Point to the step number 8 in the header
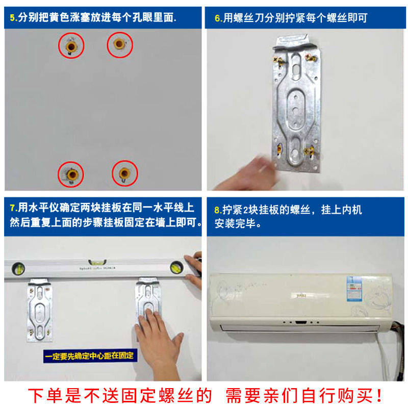217,210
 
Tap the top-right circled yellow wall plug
120,45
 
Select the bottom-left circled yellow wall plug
71,174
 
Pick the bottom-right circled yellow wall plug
124,172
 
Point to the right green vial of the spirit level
176,266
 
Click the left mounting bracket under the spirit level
39,309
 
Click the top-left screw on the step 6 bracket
280,61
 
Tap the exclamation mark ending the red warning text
379,395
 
